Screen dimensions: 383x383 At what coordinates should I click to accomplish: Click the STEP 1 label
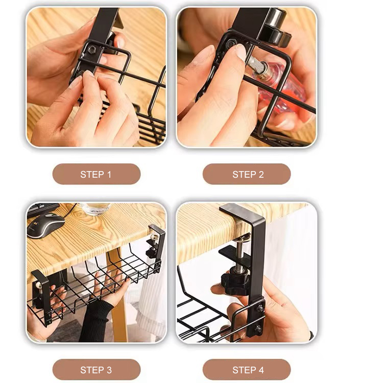(96, 175)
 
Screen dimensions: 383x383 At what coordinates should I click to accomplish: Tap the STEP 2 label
(248, 175)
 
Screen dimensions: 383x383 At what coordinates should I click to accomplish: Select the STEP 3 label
(96, 370)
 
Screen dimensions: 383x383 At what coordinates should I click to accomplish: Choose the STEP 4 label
(248, 370)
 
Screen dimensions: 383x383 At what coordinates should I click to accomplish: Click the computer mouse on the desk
(45, 225)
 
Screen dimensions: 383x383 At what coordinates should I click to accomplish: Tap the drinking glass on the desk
(96, 209)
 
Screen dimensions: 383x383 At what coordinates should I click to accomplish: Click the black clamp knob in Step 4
(235, 283)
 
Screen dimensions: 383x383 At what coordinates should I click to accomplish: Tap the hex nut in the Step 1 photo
(92, 50)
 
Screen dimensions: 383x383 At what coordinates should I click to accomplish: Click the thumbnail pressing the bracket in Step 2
(241, 52)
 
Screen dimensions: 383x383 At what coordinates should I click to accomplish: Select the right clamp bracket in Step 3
(156, 247)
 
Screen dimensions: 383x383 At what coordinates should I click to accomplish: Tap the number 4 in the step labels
(261, 370)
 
